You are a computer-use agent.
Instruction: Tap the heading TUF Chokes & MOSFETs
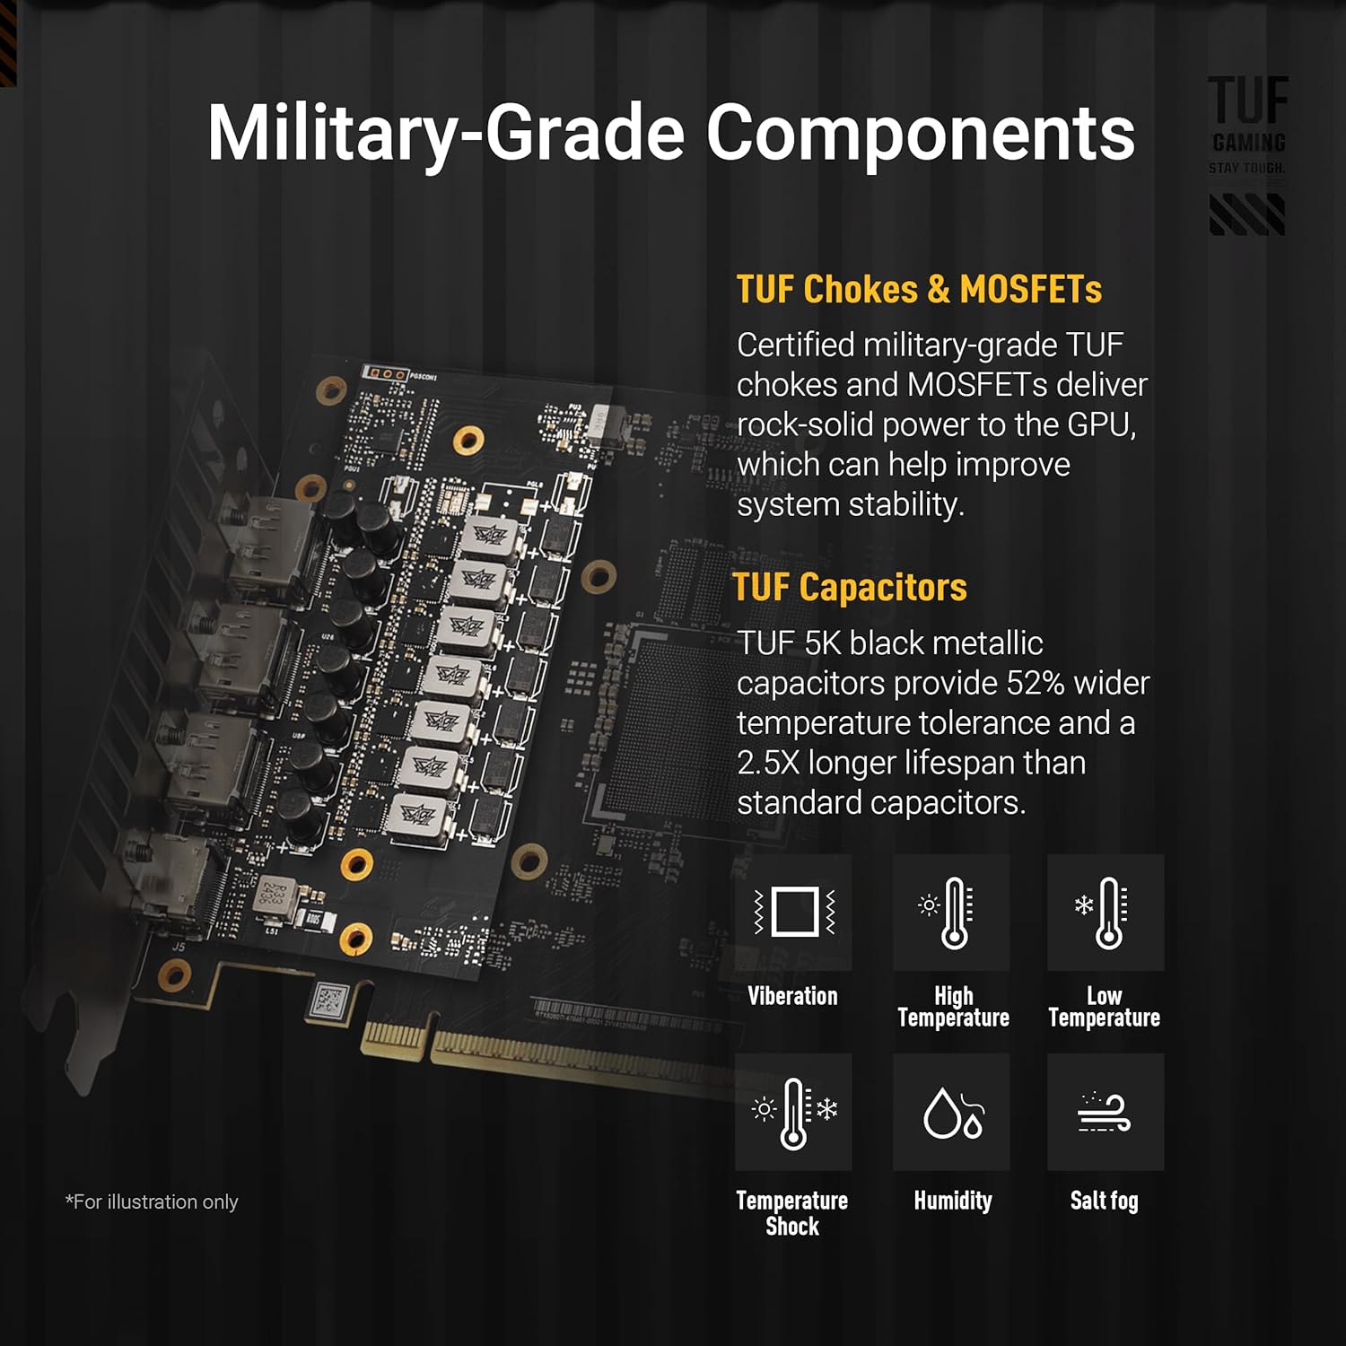tap(919, 289)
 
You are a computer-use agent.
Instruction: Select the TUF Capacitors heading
tap(850, 587)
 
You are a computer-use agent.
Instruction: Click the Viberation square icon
tap(794, 912)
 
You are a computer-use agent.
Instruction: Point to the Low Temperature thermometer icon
tap(1106, 912)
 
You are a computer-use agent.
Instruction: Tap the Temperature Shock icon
tap(794, 1112)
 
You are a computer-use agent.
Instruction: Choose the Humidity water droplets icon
tap(951, 1112)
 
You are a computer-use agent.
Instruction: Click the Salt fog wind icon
tap(1105, 1113)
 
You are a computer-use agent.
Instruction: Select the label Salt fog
tap(1104, 1201)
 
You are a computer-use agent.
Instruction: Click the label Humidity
tap(953, 1201)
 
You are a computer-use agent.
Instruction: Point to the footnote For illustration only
tap(152, 1202)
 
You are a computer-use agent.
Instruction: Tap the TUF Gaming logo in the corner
tap(1247, 153)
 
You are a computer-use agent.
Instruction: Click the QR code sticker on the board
tap(328, 999)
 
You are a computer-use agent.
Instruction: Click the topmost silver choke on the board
tap(489, 537)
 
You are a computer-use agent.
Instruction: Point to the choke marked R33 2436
tap(273, 894)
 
